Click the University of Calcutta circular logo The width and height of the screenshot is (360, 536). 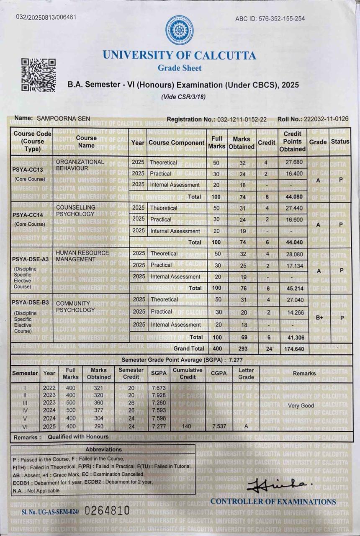coord(179,30)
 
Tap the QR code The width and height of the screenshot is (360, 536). coord(39,75)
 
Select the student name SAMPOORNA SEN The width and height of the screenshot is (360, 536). coord(63,119)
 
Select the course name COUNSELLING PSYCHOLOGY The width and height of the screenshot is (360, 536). coord(75,211)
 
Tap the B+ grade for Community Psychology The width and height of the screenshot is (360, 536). coord(319,318)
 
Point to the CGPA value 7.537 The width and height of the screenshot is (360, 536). coord(219,426)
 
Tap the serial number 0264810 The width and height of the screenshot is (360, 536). coord(107,510)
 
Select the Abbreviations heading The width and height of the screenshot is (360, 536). coord(103,449)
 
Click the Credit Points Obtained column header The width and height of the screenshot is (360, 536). coord(292,142)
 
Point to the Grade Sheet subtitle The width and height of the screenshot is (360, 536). coord(180,68)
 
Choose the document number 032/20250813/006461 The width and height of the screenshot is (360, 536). coord(46,17)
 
